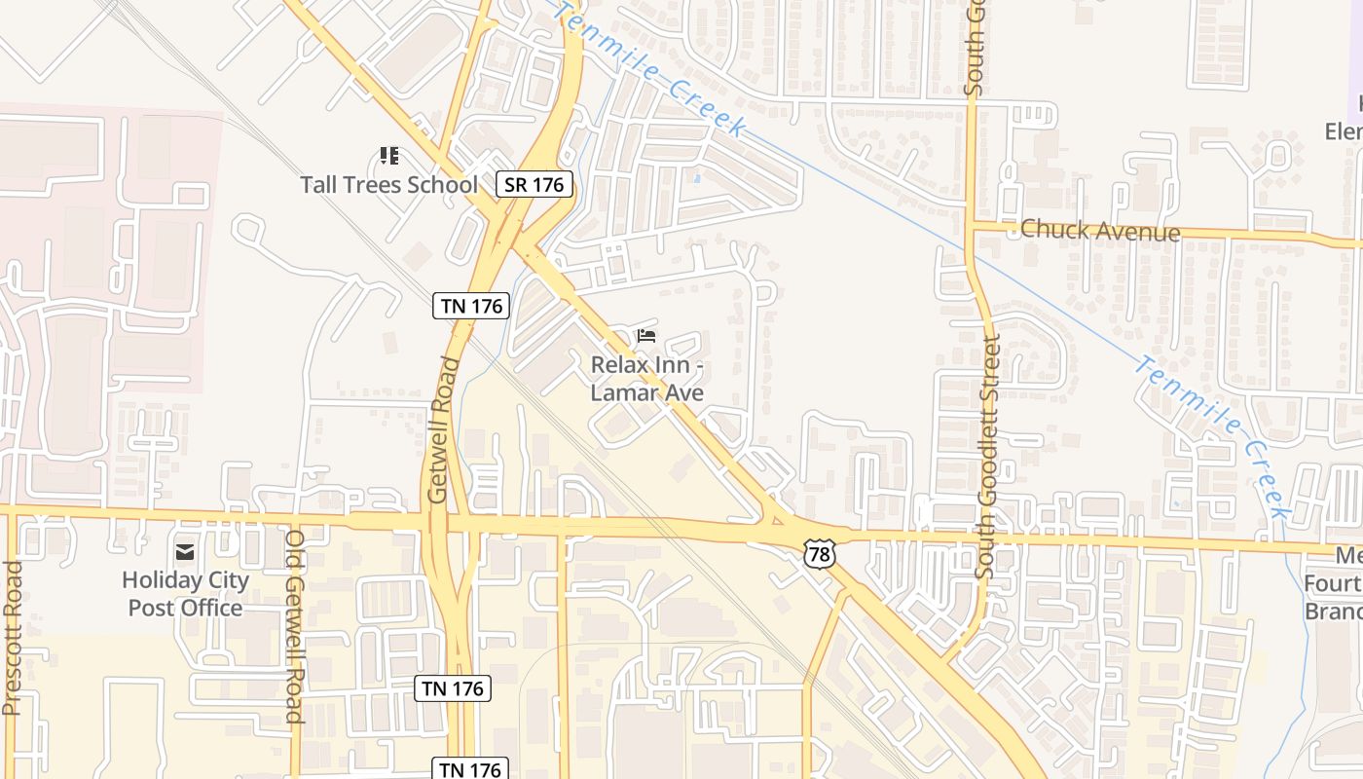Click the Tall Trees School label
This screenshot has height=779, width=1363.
coord(388,184)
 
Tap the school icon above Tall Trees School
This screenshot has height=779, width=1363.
coord(389,156)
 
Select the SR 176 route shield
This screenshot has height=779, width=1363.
coord(534,183)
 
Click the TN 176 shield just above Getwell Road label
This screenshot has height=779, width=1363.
coord(471,306)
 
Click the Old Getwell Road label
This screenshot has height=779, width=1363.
coord(295,626)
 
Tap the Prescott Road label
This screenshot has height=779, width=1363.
coord(12,638)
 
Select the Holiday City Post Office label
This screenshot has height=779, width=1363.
coord(185,594)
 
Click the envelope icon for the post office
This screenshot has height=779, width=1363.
coord(184,552)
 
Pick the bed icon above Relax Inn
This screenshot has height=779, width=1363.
coord(645,336)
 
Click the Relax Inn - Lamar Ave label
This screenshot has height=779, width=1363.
coord(647,379)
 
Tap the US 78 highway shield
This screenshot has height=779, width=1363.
coord(820,554)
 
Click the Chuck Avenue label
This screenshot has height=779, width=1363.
coord(1100,231)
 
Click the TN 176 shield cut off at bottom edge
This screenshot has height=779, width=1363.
coord(471,769)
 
